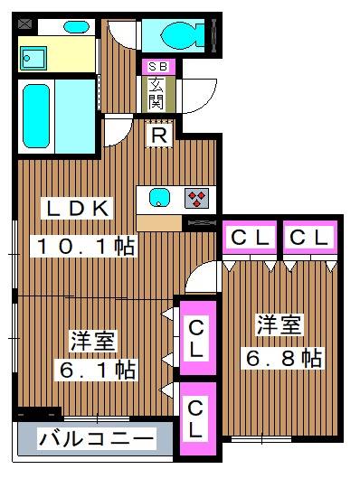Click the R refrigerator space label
tap(158, 136)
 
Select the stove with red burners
tap(197, 198)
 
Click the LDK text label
tap(79, 208)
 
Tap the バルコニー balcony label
tap(95, 440)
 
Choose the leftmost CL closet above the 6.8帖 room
tap(250, 238)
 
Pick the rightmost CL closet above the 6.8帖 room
tap(308, 238)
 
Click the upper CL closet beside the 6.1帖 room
tap(196, 336)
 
